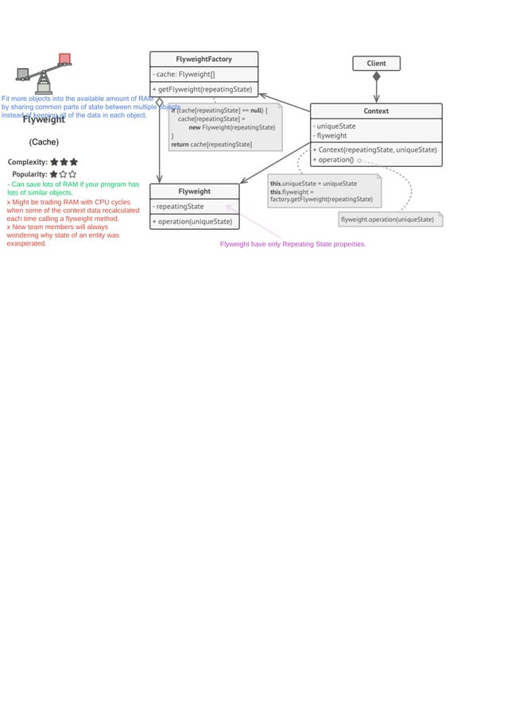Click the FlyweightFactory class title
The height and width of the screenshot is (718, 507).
(x=203, y=59)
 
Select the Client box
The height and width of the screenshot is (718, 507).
(x=376, y=64)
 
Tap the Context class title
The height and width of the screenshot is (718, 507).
(x=376, y=111)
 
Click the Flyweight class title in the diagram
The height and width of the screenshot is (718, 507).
(x=194, y=192)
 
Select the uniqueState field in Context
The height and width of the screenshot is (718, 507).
(x=335, y=126)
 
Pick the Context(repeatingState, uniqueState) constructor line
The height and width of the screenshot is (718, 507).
(x=375, y=149)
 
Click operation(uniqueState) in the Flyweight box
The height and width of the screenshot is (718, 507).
(x=193, y=221)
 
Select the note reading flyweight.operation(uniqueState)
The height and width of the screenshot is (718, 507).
(x=388, y=219)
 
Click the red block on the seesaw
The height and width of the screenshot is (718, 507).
(x=64, y=59)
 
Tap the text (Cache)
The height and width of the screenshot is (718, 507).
(x=44, y=142)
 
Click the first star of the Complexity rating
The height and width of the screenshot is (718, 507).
(x=54, y=162)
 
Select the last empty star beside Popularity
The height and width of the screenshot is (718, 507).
(x=72, y=174)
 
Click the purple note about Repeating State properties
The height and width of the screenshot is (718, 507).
(x=292, y=245)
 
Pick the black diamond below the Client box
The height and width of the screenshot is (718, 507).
(x=377, y=77)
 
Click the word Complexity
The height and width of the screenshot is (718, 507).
(x=27, y=162)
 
